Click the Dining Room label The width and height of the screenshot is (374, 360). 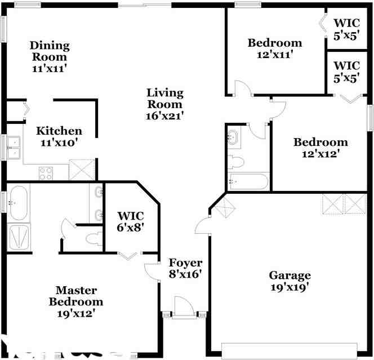(50, 51)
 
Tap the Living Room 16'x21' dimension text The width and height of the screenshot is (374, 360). (164, 115)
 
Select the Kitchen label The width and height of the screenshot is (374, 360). (59, 131)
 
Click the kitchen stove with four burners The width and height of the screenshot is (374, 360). (46, 173)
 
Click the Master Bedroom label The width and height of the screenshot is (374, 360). (75, 296)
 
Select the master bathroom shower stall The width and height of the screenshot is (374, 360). (18, 237)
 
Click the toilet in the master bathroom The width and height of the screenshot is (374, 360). (93, 239)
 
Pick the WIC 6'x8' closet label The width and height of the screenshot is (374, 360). (130, 221)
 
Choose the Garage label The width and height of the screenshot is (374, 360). (290, 275)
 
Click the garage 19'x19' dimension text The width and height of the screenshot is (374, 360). (290, 287)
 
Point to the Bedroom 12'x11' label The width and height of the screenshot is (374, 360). (275, 48)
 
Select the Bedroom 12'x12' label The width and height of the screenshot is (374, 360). (320, 148)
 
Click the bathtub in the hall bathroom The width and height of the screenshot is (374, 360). (248, 181)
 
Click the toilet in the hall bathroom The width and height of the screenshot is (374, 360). (236, 162)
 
